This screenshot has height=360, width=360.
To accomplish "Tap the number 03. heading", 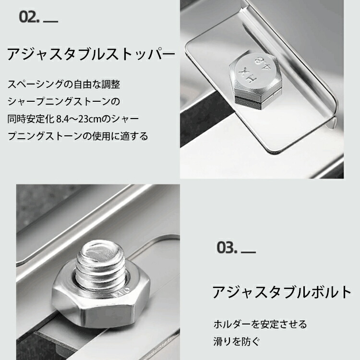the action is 227,248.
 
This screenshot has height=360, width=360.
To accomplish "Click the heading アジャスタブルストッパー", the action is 91,54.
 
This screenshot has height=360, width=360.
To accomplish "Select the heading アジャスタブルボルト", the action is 281,292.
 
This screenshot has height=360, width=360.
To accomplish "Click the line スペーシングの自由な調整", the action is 63,84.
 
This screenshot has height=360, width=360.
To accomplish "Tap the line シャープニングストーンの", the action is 63,101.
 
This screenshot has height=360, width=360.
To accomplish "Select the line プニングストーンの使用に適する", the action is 78,136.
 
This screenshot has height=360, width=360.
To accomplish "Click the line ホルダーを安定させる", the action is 260,324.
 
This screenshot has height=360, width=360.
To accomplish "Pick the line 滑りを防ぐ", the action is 237,341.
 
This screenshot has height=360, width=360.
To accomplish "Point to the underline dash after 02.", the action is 50,22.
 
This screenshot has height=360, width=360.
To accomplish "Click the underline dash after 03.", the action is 249,252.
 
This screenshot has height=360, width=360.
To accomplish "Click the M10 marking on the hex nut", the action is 120,291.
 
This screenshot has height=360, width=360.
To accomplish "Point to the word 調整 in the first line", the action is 111,84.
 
